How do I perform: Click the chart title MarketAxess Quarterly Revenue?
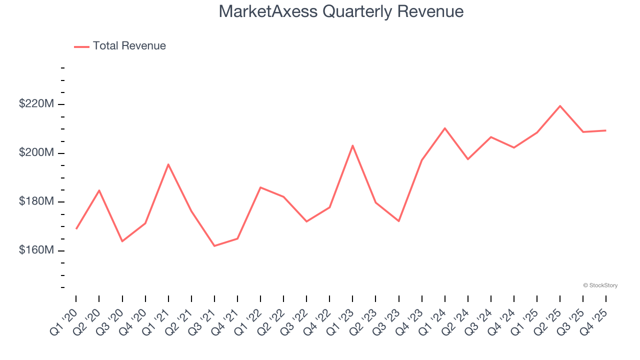pyautogui.click(x=341, y=11)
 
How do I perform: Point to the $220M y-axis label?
pyautogui.click(x=36, y=104)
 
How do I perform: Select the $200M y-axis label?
pyautogui.click(x=36, y=152)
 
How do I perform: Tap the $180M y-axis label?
pyautogui.click(x=36, y=201)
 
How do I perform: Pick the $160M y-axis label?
pyautogui.click(x=36, y=250)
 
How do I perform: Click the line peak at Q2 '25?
pyautogui.click(x=560, y=106)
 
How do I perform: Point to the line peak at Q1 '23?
pyautogui.click(x=352, y=145)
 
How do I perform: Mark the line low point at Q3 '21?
pyautogui.click(x=214, y=245)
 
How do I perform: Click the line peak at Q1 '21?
pyautogui.click(x=168, y=164)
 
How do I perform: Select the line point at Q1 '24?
pyautogui.click(x=445, y=128)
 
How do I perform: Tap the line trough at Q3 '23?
pyautogui.click(x=399, y=221)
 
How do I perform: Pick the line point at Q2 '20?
pyautogui.click(x=99, y=190)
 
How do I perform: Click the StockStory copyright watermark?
pyautogui.click(x=600, y=285)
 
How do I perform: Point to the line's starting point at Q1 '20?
pyautogui.click(x=76, y=228)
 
